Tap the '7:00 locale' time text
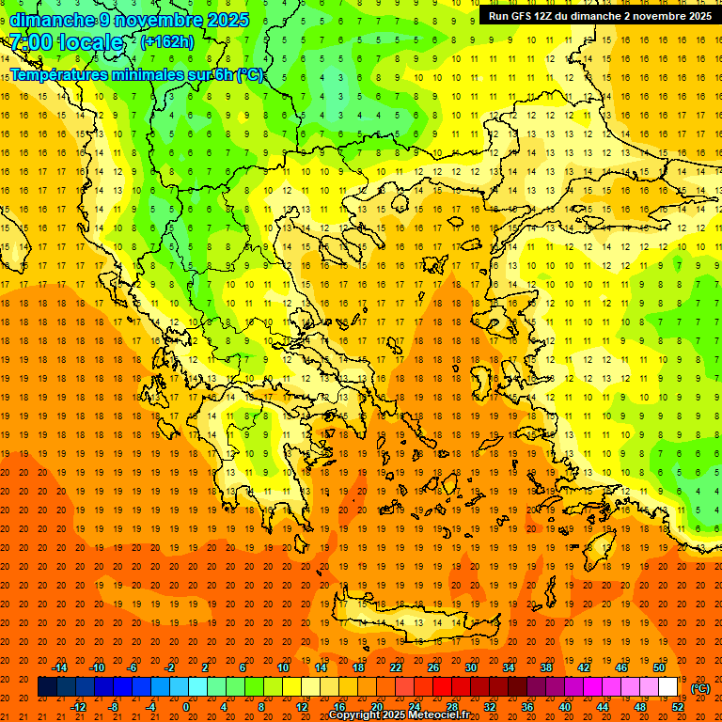(x=66, y=43)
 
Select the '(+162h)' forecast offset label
(x=167, y=42)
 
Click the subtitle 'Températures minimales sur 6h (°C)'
(x=136, y=75)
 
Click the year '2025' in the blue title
(x=228, y=20)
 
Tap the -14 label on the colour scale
(x=59, y=667)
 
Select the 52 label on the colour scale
(x=678, y=707)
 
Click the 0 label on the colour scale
(x=186, y=707)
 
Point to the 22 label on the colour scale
(x=396, y=667)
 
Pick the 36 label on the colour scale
(x=527, y=707)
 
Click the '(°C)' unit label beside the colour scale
(x=700, y=688)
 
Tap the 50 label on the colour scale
(x=659, y=667)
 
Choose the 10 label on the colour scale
(x=283, y=667)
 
